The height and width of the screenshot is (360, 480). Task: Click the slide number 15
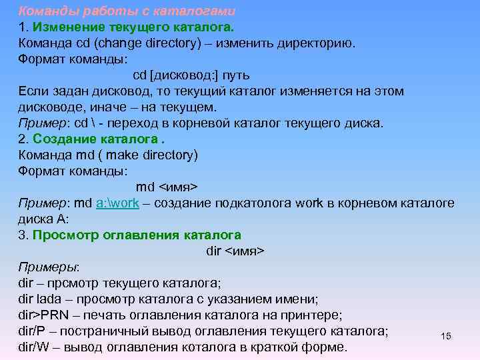[x=446, y=336]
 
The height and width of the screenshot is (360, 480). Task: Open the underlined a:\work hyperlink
[x=117, y=203]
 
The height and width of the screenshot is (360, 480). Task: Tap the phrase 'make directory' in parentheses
[x=153, y=155]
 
